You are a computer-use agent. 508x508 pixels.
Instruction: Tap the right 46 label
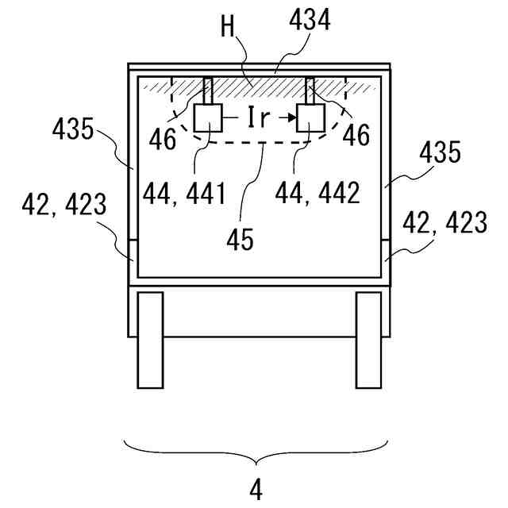[357, 137]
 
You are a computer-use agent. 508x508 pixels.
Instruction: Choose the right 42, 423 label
[444, 224]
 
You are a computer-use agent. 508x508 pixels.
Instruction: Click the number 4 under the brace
[256, 489]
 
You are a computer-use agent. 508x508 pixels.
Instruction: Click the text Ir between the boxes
[260, 118]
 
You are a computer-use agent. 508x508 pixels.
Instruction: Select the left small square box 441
[208, 119]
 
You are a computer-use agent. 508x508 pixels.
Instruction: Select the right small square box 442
[310, 119]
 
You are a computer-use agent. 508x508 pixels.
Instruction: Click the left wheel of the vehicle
[151, 340]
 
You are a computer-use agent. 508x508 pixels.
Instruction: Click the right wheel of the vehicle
[368, 340]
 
